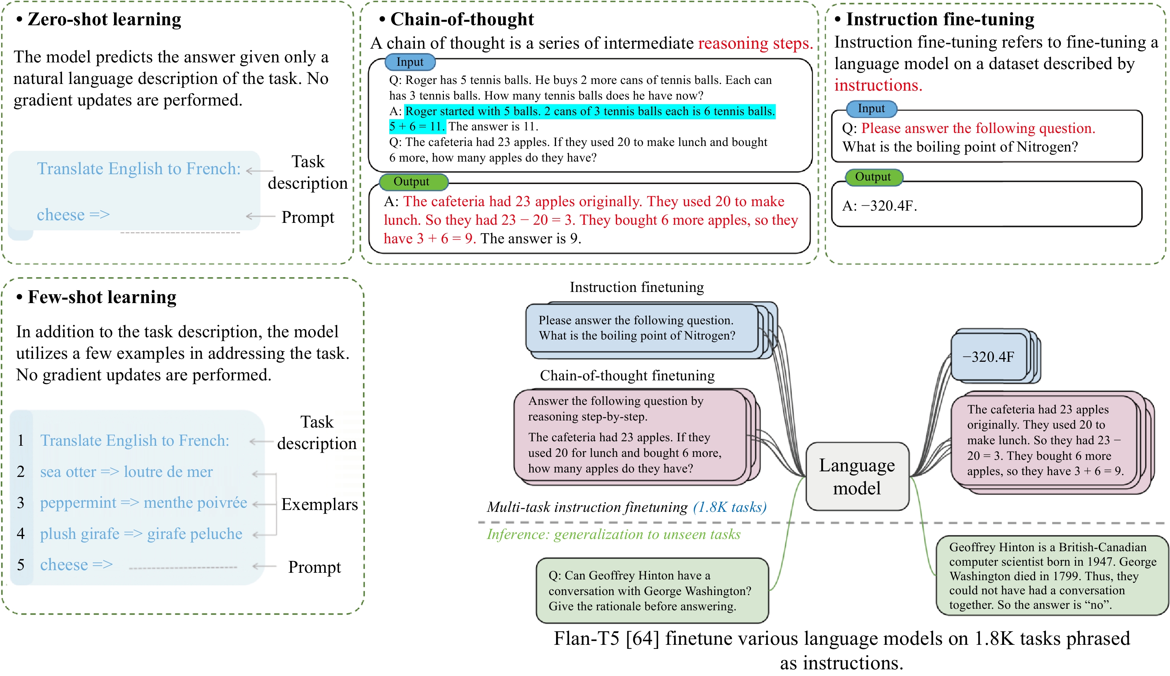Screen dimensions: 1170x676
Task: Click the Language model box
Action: [857, 476]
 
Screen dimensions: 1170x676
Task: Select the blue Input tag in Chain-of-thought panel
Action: [410, 62]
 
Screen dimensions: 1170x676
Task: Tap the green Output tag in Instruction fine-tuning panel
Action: [873, 177]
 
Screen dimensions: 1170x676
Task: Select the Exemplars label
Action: [319, 504]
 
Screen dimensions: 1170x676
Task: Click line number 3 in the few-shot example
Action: [20, 502]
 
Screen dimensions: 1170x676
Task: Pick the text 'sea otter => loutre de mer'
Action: [126, 472]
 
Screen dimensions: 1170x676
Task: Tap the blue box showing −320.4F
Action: [989, 357]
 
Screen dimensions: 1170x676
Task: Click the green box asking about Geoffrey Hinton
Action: [652, 591]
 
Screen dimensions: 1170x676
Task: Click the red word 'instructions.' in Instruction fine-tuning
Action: [878, 85]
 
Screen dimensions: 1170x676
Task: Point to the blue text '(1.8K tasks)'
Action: [730, 507]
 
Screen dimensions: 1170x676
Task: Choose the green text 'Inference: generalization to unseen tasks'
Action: [613, 534]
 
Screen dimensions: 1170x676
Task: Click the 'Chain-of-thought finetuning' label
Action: [627, 376]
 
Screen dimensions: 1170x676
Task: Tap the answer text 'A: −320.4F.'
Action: [880, 206]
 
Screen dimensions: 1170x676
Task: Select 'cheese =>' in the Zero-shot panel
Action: [74, 215]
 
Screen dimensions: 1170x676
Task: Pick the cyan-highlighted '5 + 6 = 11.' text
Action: [417, 126]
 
